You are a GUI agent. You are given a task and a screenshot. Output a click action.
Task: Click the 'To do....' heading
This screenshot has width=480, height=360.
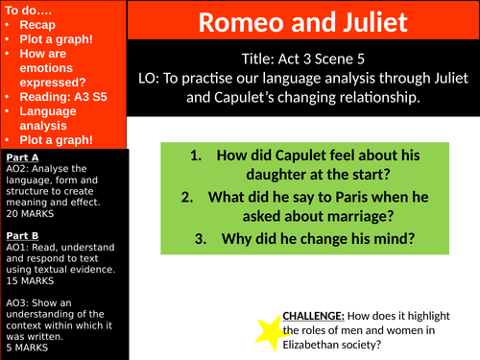(x=30, y=8)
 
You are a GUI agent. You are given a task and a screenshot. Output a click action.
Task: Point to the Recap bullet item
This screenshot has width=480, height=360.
(x=36, y=24)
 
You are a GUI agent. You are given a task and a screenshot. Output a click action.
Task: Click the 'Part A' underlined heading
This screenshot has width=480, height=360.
(x=21, y=156)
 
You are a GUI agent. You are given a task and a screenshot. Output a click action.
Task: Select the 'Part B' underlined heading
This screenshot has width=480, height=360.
(x=21, y=233)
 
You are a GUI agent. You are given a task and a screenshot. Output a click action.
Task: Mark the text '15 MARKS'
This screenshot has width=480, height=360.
(x=29, y=282)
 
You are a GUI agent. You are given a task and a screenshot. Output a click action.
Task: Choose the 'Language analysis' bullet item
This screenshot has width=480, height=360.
(x=48, y=118)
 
